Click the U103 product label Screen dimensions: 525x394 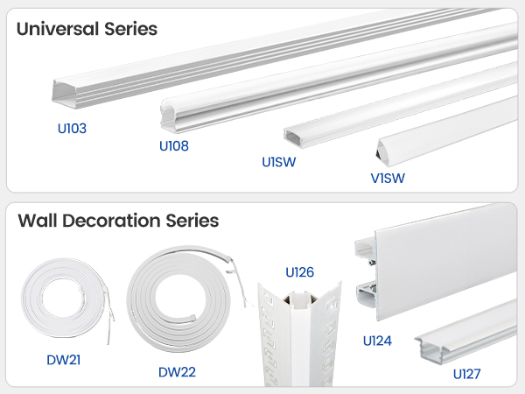pyautogui.click(x=72, y=129)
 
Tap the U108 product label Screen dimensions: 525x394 pyautogui.click(x=174, y=146)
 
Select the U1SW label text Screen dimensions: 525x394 pyautogui.click(x=279, y=162)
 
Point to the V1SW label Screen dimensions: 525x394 pyautogui.click(x=388, y=179)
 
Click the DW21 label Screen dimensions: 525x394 pyautogui.click(x=64, y=360)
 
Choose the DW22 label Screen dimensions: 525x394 pyautogui.click(x=177, y=372)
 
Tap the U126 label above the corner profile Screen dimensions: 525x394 pyautogui.click(x=299, y=272)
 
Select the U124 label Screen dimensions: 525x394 pyautogui.click(x=377, y=341)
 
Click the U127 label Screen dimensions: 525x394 pyautogui.click(x=466, y=374)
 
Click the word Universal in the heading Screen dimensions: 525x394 pyautogui.click(x=58, y=29)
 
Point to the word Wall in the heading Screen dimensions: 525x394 pyautogui.click(x=38, y=221)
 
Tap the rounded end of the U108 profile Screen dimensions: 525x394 pyautogui.click(x=168, y=115)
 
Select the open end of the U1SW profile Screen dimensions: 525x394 pyautogui.click(x=292, y=137)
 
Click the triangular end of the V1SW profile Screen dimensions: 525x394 pyautogui.click(x=381, y=151)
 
